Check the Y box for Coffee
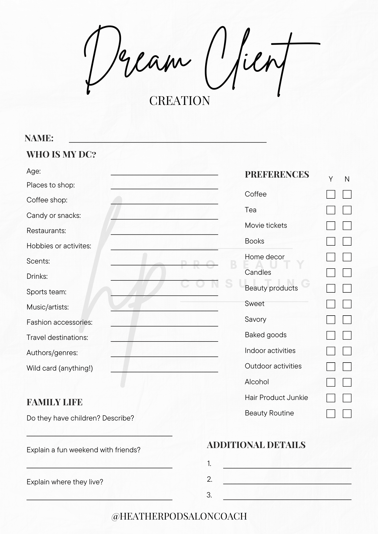click(x=331, y=194)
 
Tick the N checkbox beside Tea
click(x=347, y=210)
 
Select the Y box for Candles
click(x=331, y=273)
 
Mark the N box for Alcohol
click(x=347, y=382)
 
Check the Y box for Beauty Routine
click(x=331, y=414)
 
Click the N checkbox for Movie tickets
click(x=347, y=226)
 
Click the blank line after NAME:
click(x=168, y=140)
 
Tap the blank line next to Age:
click(x=164, y=173)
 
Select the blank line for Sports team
click(x=164, y=293)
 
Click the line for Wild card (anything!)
click(x=164, y=370)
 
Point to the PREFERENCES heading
click(x=277, y=174)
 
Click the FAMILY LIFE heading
click(x=55, y=402)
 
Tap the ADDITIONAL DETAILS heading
click(x=256, y=445)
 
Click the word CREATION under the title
click(x=180, y=101)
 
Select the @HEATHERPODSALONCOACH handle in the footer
click(x=179, y=516)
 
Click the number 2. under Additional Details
click(x=210, y=479)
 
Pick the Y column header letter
click(x=331, y=179)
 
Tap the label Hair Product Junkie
click(x=276, y=398)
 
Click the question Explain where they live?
click(x=65, y=482)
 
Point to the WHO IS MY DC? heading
click(x=61, y=154)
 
